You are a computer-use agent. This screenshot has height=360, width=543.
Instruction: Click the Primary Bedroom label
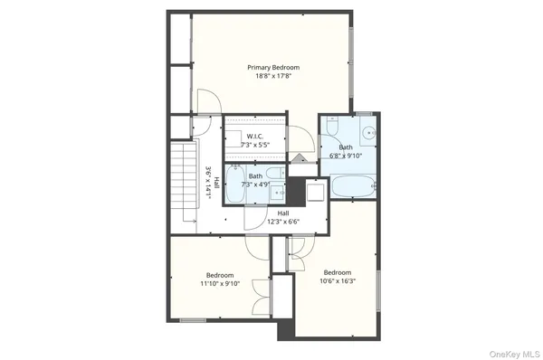click(274, 67)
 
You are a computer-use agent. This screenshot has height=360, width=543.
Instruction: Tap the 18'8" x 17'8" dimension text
click(274, 76)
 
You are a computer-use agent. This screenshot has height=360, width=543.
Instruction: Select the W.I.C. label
click(254, 137)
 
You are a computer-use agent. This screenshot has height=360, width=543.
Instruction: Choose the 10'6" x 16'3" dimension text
click(337, 280)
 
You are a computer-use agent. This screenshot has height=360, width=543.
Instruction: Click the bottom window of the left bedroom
click(193, 320)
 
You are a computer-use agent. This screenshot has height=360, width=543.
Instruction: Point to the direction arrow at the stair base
click(188, 222)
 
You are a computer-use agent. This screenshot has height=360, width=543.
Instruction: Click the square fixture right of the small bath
click(316, 192)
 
